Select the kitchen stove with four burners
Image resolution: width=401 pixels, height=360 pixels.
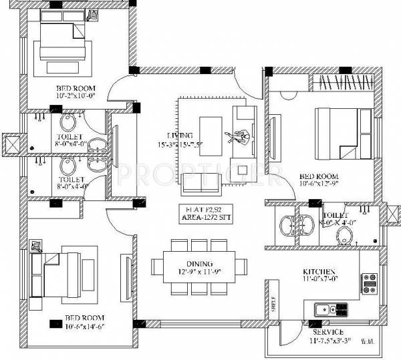370,283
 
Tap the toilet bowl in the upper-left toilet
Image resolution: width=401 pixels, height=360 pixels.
68,123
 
